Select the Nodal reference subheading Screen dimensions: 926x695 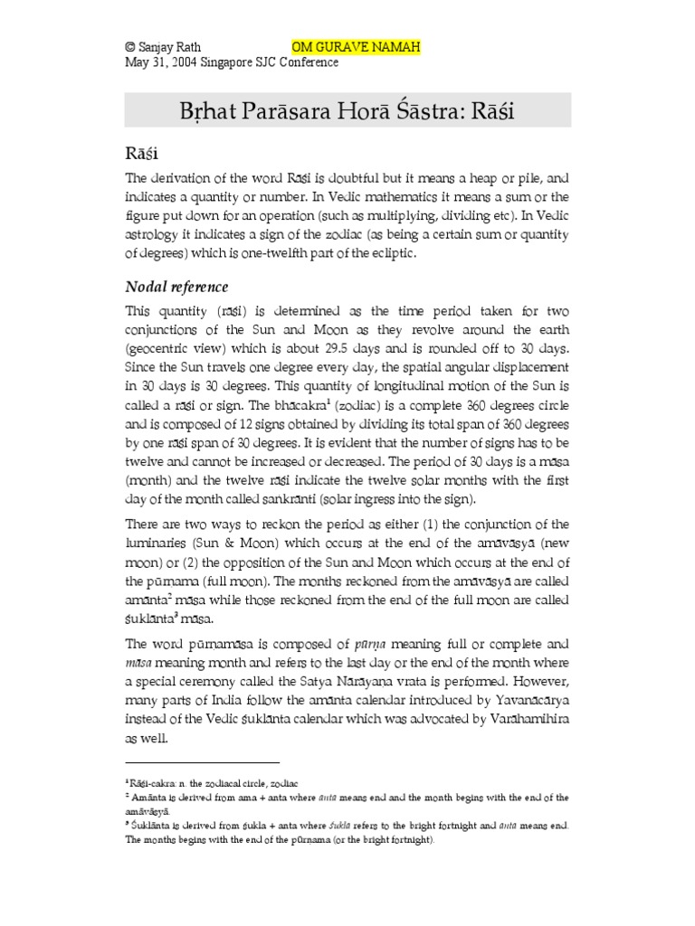tap(176, 287)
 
